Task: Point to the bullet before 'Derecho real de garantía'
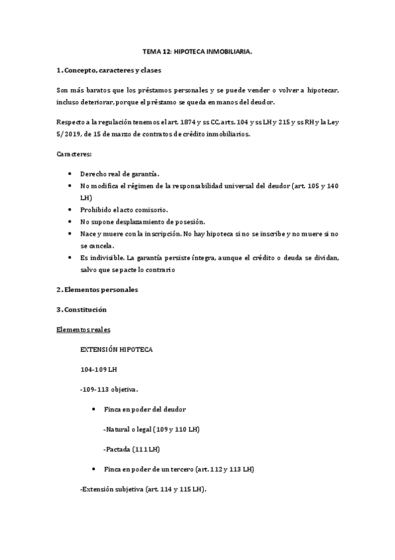(x=71, y=173)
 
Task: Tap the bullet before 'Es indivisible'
(x=71, y=258)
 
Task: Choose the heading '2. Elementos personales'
(x=97, y=289)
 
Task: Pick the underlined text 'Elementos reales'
(x=83, y=329)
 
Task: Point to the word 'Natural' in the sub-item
(x=118, y=429)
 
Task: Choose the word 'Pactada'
(x=118, y=449)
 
